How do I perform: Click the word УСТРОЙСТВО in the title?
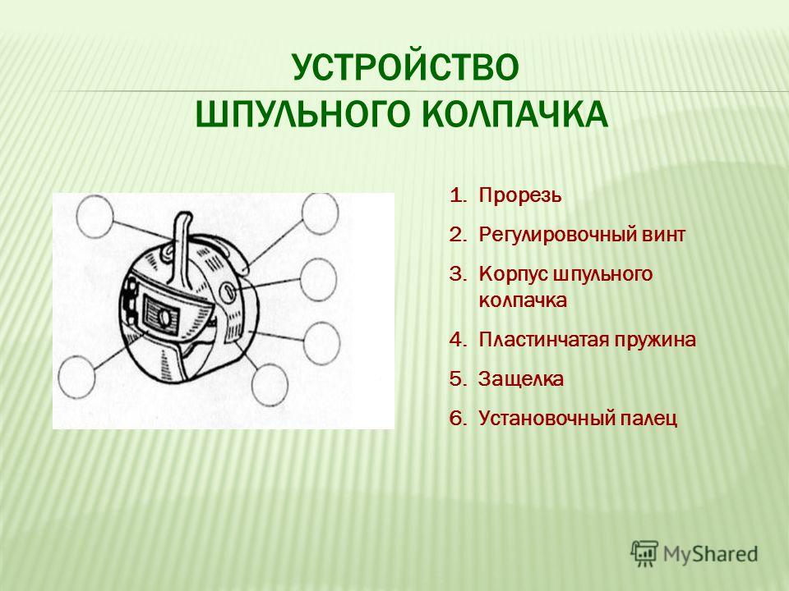(x=405, y=68)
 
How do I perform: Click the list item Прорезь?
(x=519, y=196)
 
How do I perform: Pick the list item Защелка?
(x=521, y=379)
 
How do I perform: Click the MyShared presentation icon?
(x=644, y=554)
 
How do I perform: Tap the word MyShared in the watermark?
(x=710, y=554)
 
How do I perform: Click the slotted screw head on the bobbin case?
(x=228, y=291)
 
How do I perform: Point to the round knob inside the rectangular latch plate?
(x=164, y=318)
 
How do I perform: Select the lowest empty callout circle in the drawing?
(x=270, y=384)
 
